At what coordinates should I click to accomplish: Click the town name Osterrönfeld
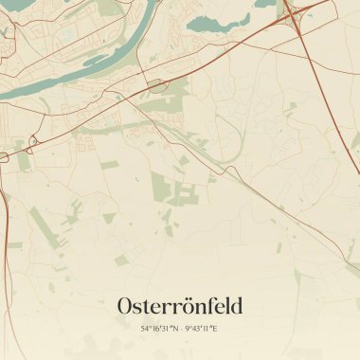tap(180, 306)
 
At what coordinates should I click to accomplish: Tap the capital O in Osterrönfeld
tap(126, 306)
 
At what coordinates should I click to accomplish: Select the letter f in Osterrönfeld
tap(213, 305)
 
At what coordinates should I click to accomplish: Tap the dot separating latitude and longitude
tap(180, 329)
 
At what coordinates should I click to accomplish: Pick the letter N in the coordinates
tap(174, 329)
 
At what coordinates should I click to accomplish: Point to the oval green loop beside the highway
tap(156, 86)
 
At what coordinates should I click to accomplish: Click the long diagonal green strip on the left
tap(43, 227)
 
